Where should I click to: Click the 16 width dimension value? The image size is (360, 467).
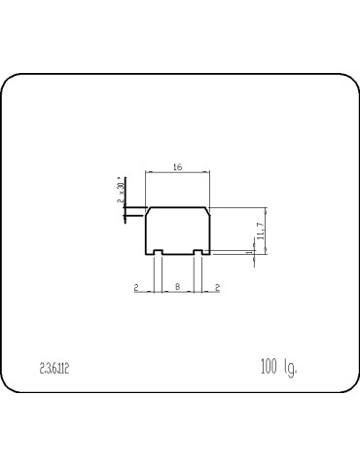[x=177, y=167]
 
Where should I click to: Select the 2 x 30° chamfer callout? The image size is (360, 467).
[x=121, y=192]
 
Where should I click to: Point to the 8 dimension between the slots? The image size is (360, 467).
[x=176, y=286]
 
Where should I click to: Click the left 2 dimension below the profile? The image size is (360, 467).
[x=137, y=286]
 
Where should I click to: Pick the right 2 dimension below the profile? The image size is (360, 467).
[x=216, y=286]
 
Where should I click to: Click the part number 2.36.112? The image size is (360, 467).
[x=54, y=368]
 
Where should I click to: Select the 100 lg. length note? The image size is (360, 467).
[x=278, y=367]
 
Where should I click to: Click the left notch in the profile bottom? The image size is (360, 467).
[x=158, y=253]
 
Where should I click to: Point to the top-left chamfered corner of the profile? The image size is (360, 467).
[x=147, y=209]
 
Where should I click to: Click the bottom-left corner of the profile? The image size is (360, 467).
[x=146, y=255]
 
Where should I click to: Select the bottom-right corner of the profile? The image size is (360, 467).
[x=209, y=255]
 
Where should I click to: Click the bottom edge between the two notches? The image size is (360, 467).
[x=177, y=255]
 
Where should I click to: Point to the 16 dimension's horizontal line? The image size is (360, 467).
[x=177, y=173]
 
